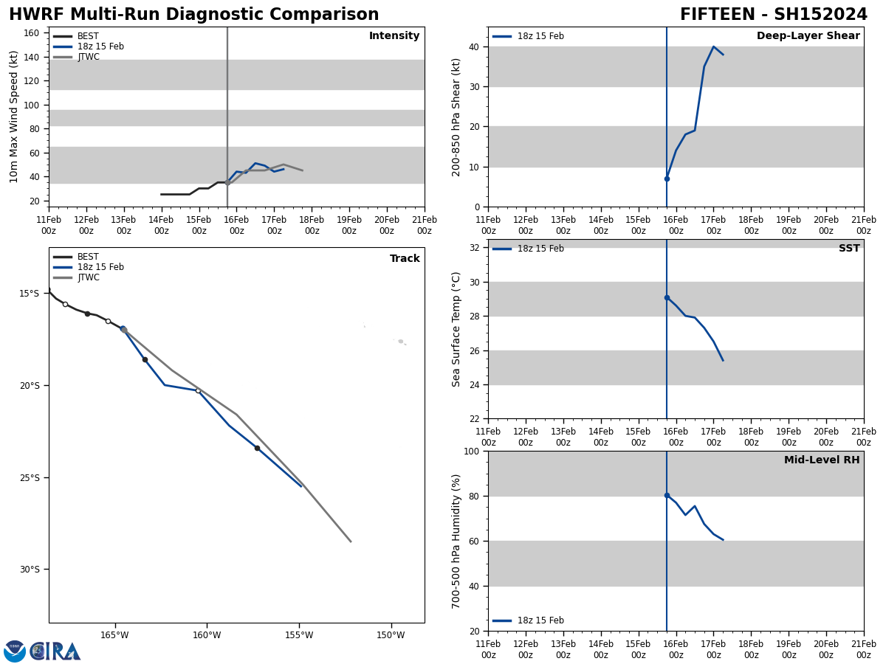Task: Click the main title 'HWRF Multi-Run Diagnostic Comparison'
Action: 193,15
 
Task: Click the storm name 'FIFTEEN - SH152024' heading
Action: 773,15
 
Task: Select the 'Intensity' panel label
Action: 394,36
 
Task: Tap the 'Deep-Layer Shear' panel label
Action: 808,36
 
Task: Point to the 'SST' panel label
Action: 849,249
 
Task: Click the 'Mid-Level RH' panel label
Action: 822,460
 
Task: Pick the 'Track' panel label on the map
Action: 405,259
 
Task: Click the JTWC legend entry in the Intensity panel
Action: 88,57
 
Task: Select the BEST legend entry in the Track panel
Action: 88,257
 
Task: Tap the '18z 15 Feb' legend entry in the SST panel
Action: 540,249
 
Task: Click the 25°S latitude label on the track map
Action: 30,477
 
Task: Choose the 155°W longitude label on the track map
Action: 298,635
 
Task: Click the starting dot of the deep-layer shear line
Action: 667,179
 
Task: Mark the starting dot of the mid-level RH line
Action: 667,496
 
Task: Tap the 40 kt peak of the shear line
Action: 713,47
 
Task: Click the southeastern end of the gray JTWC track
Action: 351,542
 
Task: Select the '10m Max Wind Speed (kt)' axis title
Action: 14,117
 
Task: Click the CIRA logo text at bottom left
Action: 55,651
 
